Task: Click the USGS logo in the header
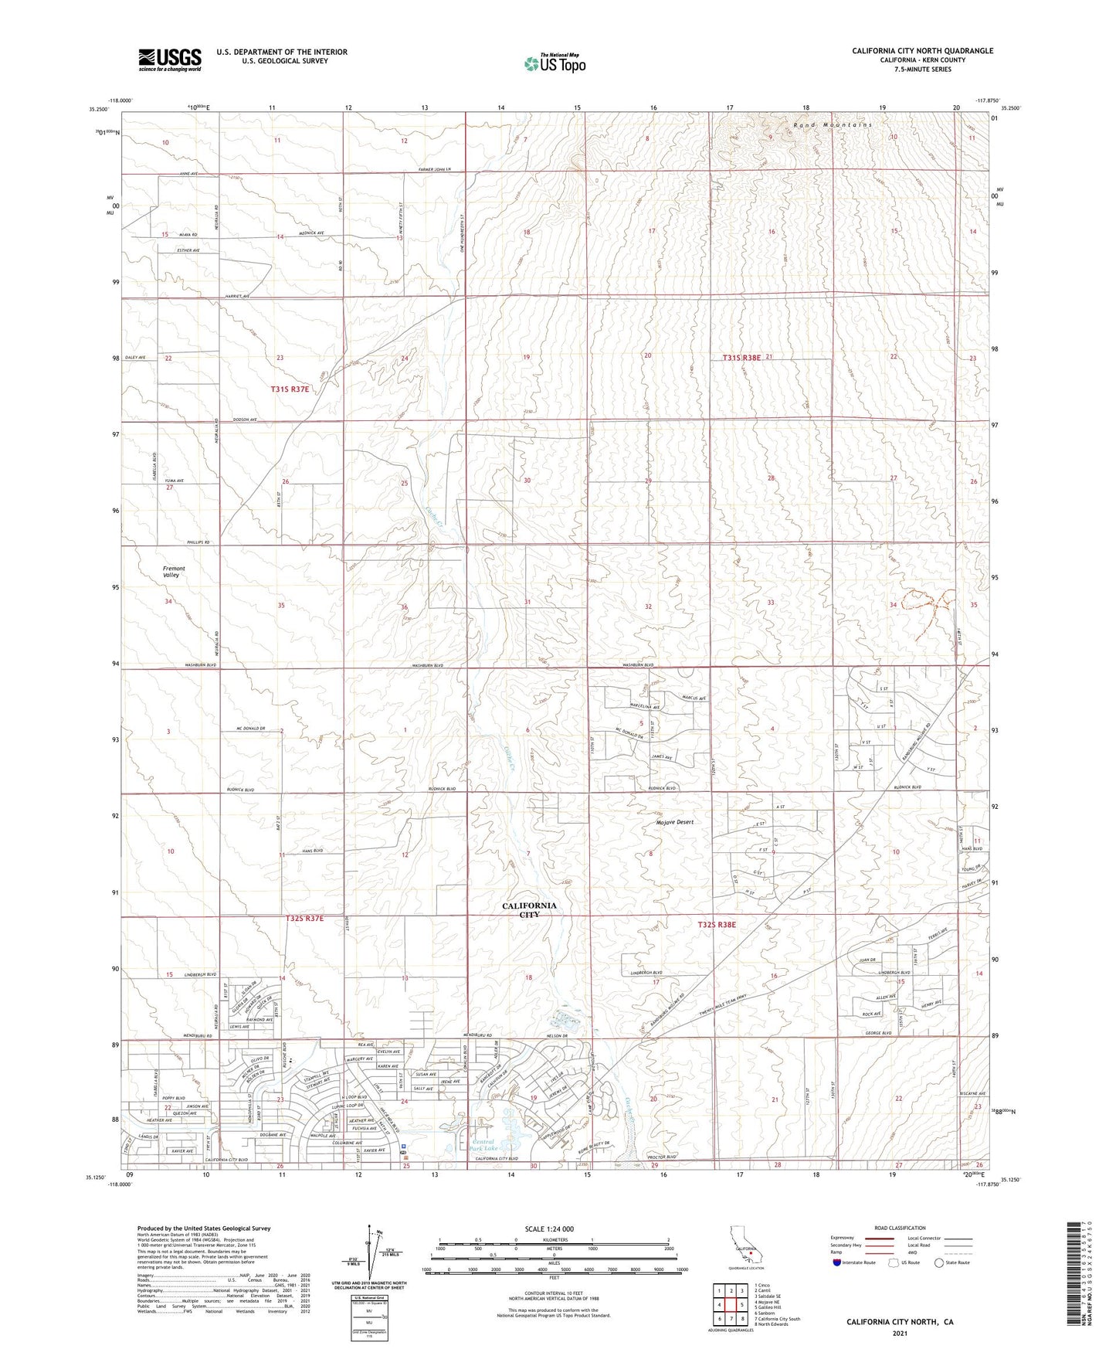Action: [170, 59]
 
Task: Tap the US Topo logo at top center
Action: [554, 63]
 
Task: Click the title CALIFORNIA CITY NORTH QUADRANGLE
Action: [922, 51]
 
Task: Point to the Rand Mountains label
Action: [833, 124]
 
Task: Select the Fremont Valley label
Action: [174, 572]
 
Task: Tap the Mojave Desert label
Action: [669, 822]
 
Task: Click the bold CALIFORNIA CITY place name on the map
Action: [529, 909]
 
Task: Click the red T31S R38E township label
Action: [742, 358]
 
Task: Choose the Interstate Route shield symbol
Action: [837, 1262]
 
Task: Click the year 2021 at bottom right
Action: [899, 1333]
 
